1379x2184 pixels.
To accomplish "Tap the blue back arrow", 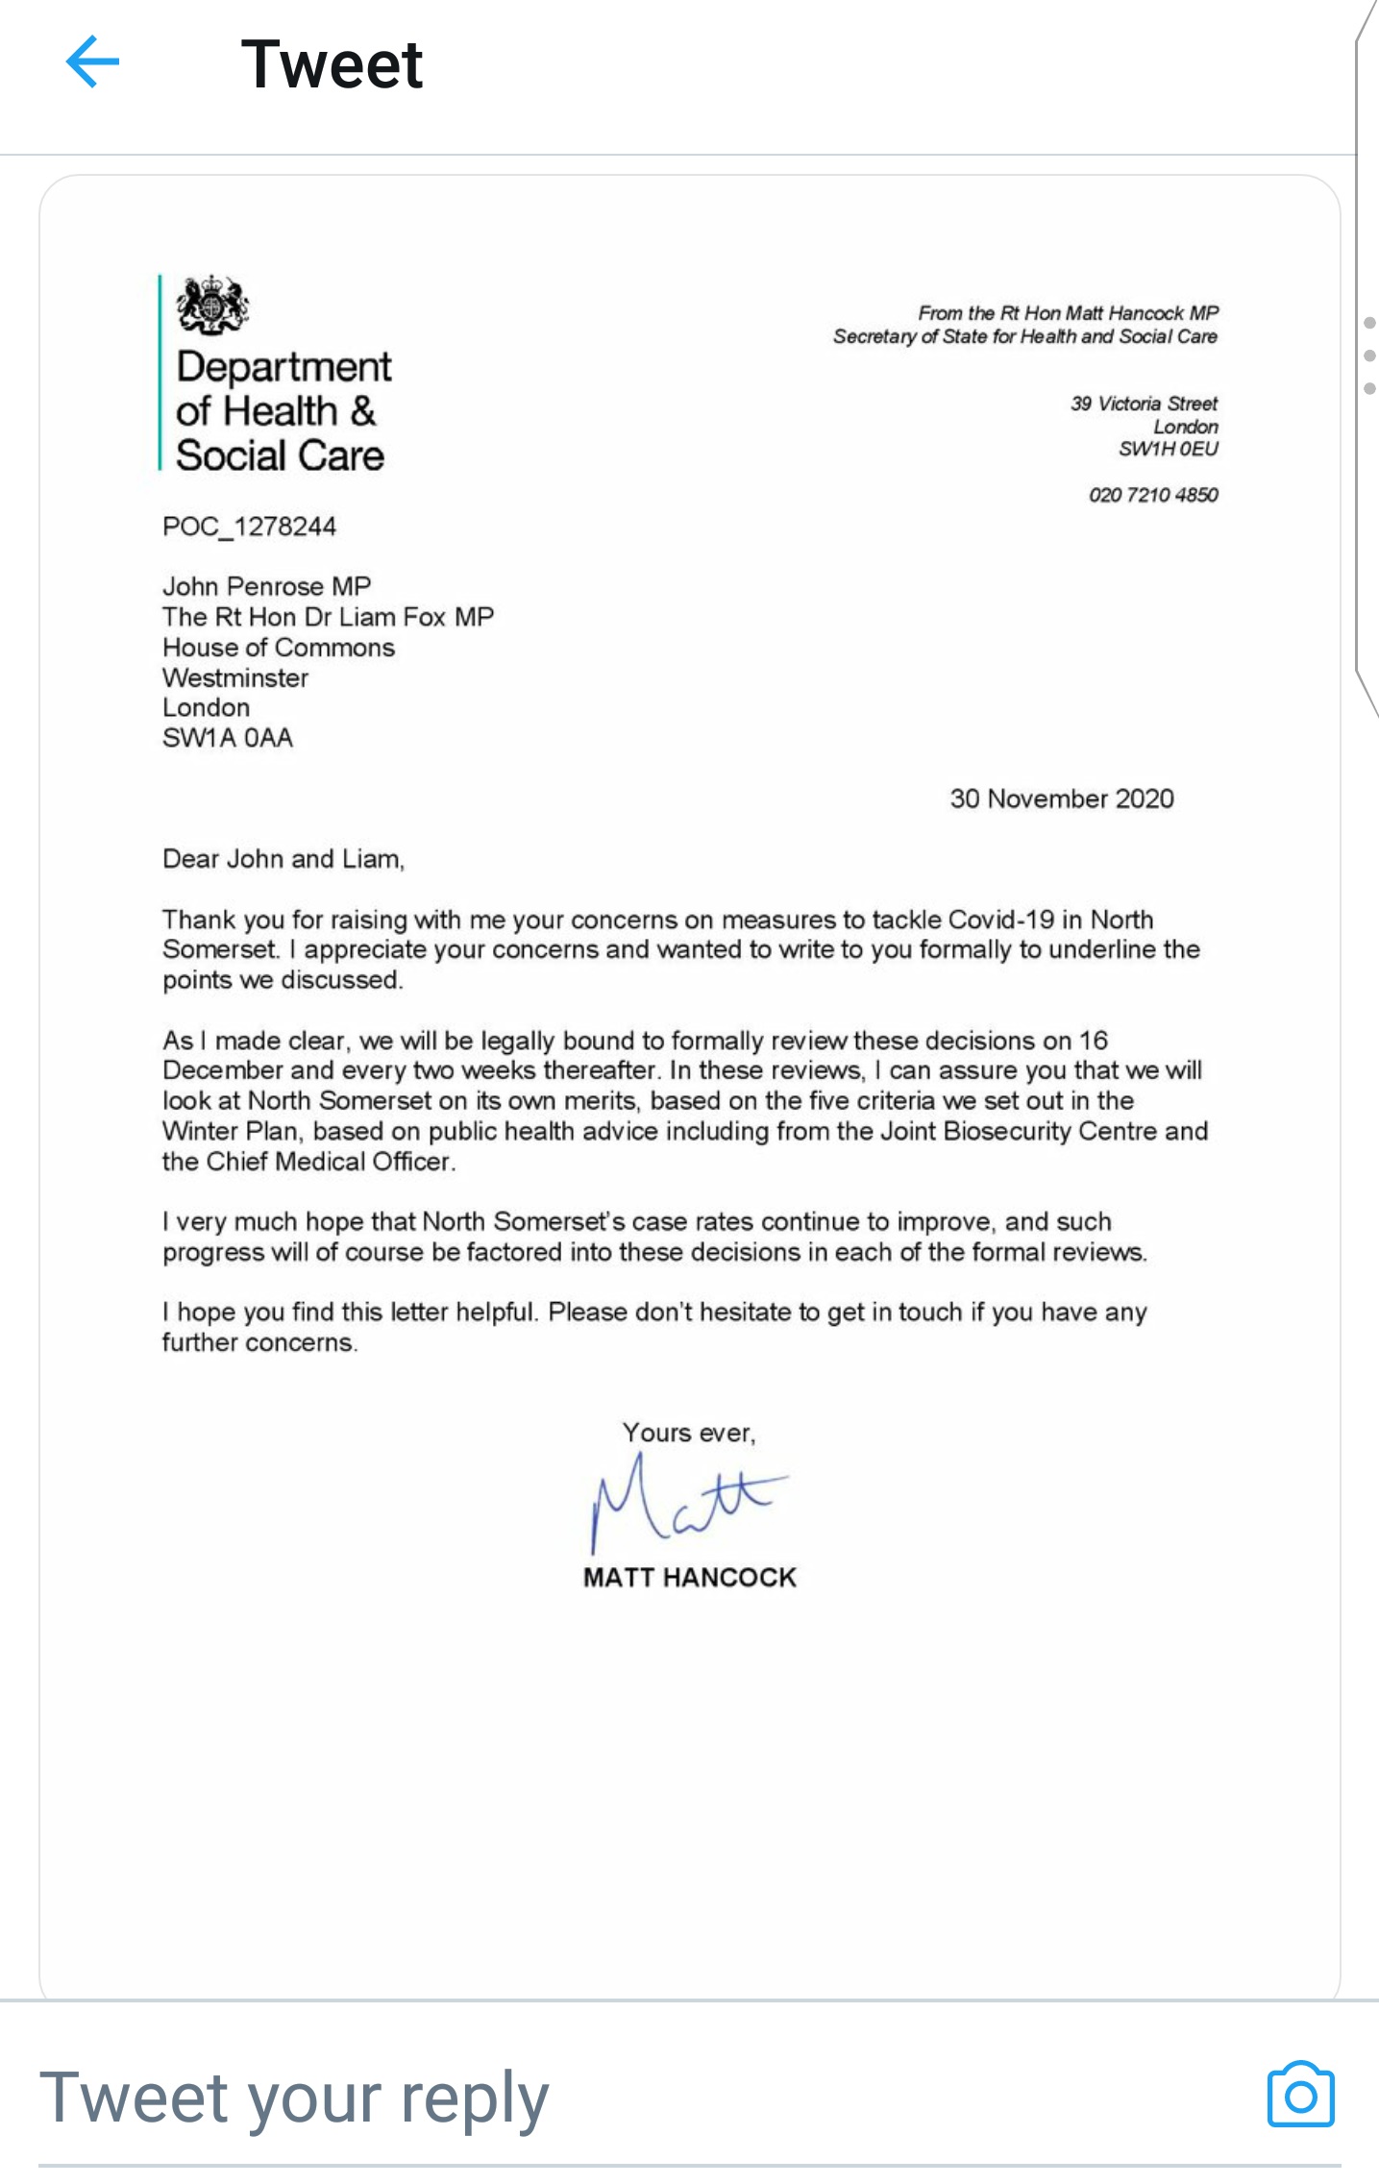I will [x=92, y=62].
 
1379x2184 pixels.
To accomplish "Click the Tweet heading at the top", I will [x=332, y=64].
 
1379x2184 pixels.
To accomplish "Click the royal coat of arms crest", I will [x=212, y=305].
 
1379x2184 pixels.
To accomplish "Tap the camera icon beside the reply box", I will [x=1300, y=2095].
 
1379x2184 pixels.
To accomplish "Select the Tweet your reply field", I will [x=294, y=2098].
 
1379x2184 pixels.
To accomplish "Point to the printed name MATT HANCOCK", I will [x=689, y=1578].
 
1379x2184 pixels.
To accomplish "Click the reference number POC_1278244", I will [x=249, y=527].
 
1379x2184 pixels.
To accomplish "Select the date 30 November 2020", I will [x=1061, y=798].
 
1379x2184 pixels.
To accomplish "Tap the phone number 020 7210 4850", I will [x=1152, y=495].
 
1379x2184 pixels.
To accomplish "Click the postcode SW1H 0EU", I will [x=1168, y=449].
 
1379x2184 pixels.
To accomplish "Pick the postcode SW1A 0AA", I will [x=228, y=738].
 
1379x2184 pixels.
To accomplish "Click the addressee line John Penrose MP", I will [x=266, y=586].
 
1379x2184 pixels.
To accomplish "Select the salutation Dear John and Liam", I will [x=283, y=859].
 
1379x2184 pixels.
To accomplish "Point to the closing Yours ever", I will [x=688, y=1433].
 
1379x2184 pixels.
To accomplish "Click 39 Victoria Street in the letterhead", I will [x=1144, y=404].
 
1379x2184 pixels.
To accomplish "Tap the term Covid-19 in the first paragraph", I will [x=1000, y=920].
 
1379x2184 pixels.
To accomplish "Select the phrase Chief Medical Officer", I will [x=329, y=1162].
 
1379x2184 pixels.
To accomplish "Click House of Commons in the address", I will [x=279, y=648].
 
